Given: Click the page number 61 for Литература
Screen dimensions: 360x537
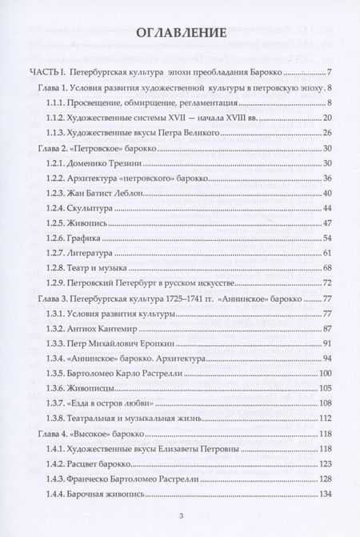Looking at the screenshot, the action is pos(326,253).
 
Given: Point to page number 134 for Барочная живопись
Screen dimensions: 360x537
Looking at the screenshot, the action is pos(324,493).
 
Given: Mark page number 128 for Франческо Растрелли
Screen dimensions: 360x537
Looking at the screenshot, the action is pos(324,478).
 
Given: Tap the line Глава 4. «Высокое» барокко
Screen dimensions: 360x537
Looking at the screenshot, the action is pos(88,433).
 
